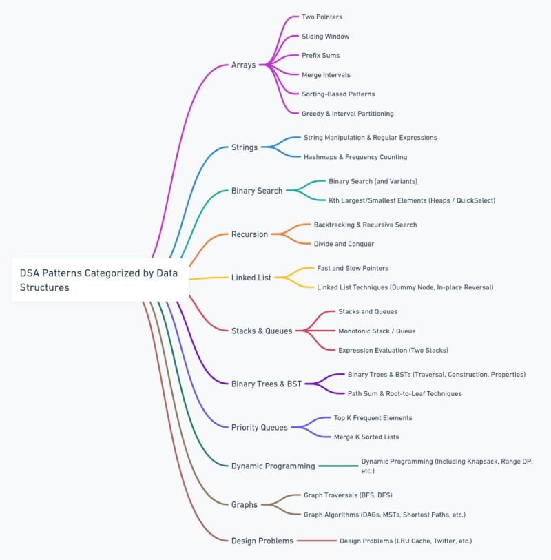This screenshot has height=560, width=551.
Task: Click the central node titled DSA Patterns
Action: [x=100, y=280]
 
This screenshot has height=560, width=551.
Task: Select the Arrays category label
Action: [x=243, y=65]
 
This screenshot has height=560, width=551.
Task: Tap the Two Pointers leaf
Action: [x=322, y=17]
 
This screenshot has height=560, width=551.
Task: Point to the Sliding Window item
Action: [x=325, y=36]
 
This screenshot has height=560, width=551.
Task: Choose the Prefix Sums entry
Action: [x=320, y=55]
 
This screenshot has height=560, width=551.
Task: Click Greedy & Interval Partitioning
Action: [x=347, y=114]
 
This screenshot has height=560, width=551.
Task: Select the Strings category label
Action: [x=245, y=147]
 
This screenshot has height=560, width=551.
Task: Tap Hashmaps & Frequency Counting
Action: [x=355, y=157]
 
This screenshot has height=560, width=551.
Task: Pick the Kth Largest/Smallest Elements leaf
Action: [x=412, y=200]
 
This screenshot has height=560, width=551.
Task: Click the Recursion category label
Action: [x=249, y=234]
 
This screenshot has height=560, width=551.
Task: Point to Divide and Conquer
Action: [x=344, y=244]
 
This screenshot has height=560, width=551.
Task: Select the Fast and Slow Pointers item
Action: [x=353, y=268]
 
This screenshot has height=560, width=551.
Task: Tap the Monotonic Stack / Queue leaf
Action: [x=377, y=331]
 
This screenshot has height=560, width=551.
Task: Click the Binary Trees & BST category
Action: [x=267, y=384]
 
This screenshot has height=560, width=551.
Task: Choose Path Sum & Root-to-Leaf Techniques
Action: [x=404, y=393]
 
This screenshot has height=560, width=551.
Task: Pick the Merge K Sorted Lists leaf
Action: [x=366, y=437]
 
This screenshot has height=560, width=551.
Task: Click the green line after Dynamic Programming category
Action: [x=338, y=466]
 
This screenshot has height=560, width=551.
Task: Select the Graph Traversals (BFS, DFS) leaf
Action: [x=348, y=495]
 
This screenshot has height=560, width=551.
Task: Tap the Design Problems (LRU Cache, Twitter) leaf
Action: [x=406, y=541]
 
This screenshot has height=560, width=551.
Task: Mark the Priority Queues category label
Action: [x=259, y=428]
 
